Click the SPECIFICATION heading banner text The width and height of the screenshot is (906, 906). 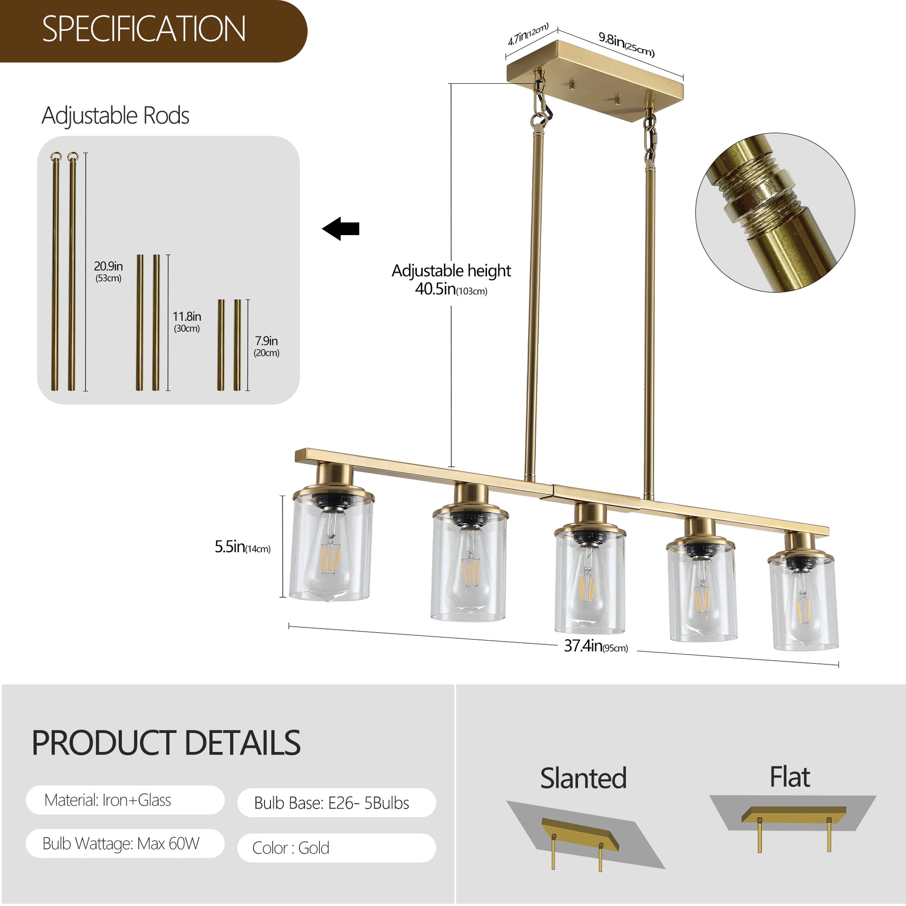[143, 29]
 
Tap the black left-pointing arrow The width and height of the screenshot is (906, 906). [341, 229]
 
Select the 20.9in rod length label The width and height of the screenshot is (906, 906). [108, 267]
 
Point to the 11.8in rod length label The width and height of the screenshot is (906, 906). [187, 317]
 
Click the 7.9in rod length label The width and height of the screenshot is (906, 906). [266, 341]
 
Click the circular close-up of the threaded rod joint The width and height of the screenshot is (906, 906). [775, 212]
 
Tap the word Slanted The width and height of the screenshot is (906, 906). [583, 779]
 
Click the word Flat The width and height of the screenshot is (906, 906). [790, 778]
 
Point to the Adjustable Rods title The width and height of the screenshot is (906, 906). [115, 116]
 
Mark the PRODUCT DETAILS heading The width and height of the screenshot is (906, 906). [166, 743]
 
